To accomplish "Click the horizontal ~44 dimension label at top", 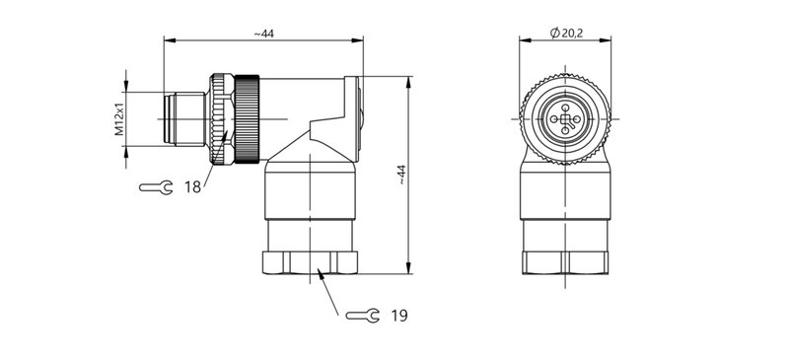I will [263, 34].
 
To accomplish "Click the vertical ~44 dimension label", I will [401, 174].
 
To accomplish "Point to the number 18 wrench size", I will [192, 185].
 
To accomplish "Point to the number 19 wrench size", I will [398, 316].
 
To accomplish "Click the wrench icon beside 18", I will [156, 186].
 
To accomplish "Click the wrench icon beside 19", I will [362, 316].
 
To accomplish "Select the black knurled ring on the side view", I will [247, 118].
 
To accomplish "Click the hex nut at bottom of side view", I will [311, 262].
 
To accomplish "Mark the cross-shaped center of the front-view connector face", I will [566, 120].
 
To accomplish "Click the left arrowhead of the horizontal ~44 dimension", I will [167, 41].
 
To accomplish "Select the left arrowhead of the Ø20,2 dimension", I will [524, 41].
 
